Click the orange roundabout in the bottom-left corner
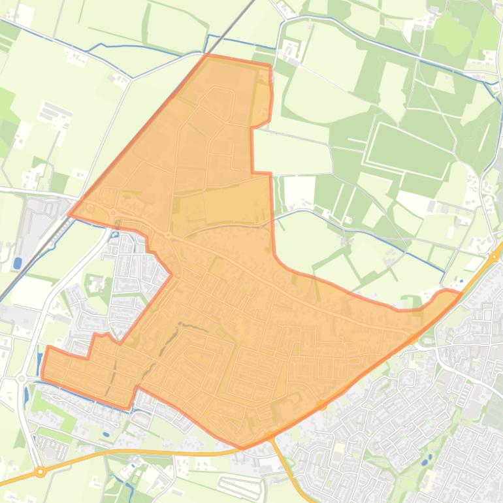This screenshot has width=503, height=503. click(41, 471)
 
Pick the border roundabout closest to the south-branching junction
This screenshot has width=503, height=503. click(322, 406)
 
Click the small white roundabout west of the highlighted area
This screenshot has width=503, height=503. click(21, 378)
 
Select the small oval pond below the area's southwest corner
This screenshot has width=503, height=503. click(106, 433)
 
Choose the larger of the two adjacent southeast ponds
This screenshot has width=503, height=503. click(425, 462)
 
